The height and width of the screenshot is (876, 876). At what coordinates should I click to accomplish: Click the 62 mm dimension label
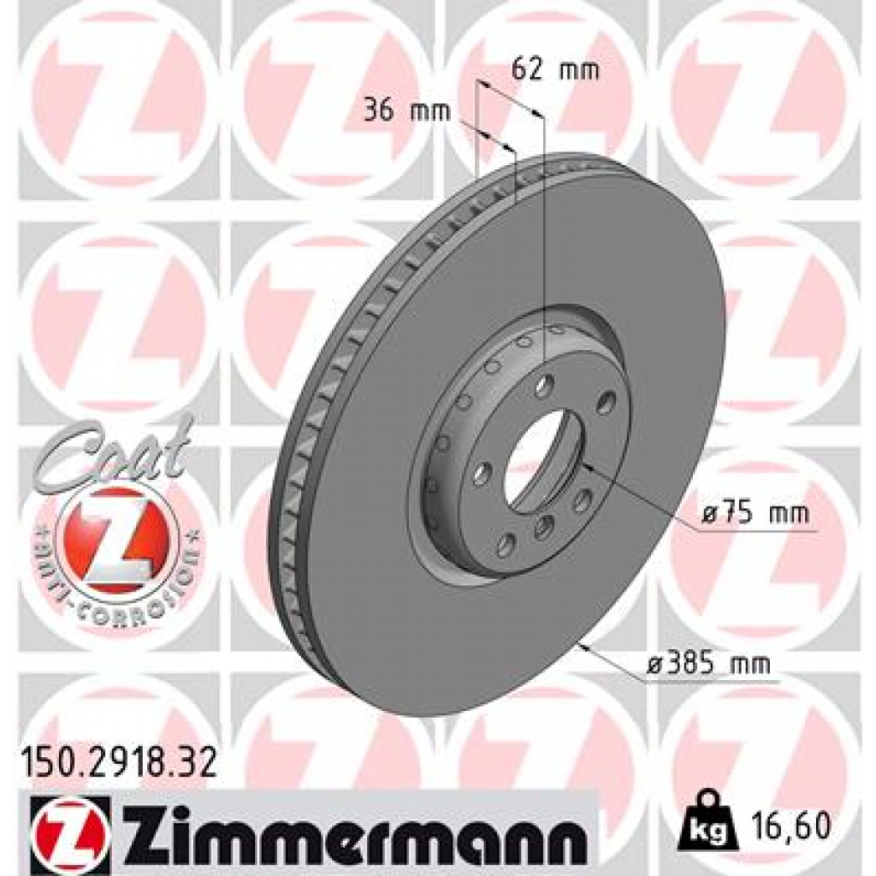pos(554,70)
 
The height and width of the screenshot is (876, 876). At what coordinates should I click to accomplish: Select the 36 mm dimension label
pos(394,111)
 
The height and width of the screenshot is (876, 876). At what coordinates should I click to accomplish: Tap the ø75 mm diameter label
pos(754,514)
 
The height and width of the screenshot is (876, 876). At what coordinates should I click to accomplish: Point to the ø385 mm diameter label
pos(707,663)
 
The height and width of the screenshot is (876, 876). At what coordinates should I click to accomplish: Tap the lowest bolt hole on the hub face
pos(506,542)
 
